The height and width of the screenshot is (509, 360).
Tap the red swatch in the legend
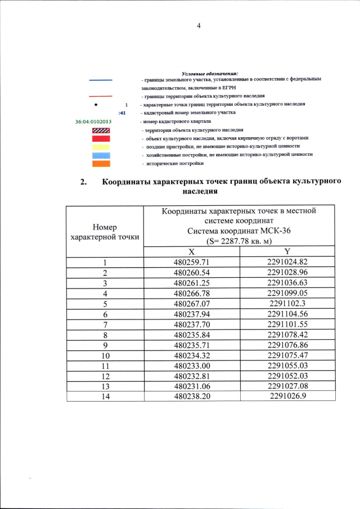click(101, 138)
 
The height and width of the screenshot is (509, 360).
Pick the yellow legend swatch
click(101, 146)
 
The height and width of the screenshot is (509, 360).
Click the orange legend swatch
click(101, 163)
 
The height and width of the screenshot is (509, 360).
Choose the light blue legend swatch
click(101, 155)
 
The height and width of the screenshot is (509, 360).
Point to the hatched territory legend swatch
click(101, 130)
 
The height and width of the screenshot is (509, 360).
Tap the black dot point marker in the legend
click(96, 105)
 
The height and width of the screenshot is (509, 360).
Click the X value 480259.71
click(191, 262)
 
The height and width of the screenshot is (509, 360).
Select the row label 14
click(105, 396)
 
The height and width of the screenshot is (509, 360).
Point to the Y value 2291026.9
click(287, 396)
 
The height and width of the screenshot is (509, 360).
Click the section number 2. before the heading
click(84, 182)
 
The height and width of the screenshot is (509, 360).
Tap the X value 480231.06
click(191, 386)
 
